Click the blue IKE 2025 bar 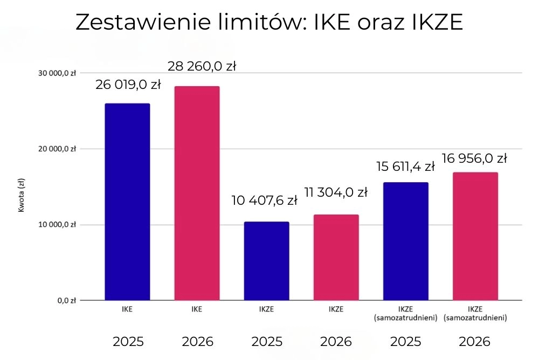click(x=127, y=202)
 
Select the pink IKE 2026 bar click(x=197, y=193)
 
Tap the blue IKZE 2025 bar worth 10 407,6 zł click(x=266, y=261)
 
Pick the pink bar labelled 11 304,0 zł click(x=336, y=257)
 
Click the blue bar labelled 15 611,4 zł click(x=405, y=241)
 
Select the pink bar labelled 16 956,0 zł click(x=475, y=236)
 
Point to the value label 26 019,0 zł click(x=128, y=85)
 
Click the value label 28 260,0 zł click(x=202, y=67)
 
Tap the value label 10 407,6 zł click(x=265, y=201)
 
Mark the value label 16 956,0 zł click(x=475, y=158)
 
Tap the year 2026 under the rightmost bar click(x=475, y=342)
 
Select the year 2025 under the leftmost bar click(x=128, y=342)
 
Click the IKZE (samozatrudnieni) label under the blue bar click(x=405, y=314)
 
